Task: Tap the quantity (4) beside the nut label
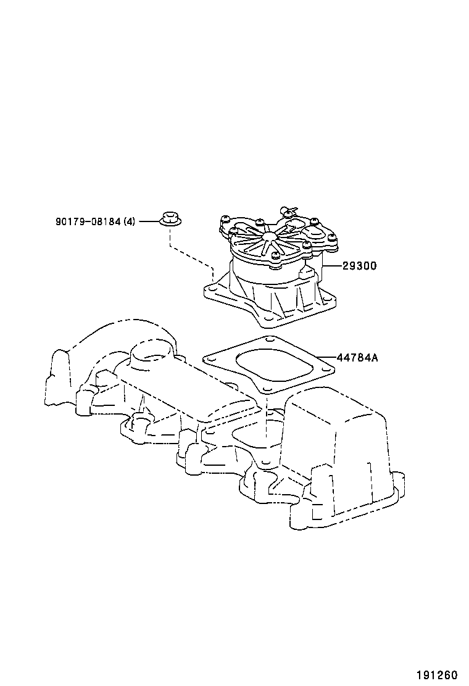click(129, 221)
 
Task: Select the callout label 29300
click(359, 266)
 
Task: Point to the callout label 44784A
click(357, 357)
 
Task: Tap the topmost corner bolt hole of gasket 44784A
click(269, 339)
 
